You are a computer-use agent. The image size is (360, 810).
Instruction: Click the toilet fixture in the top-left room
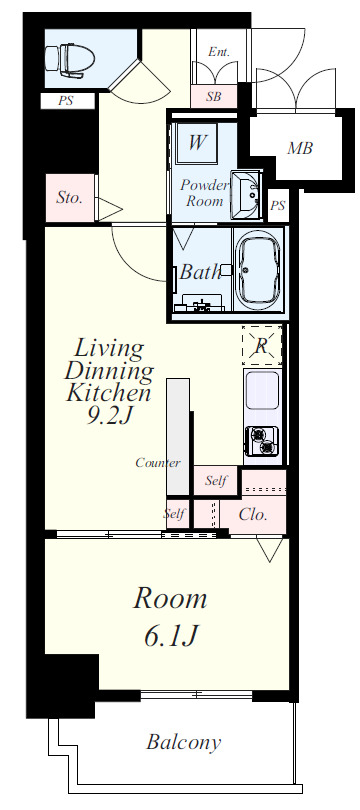pyautogui.click(x=70, y=59)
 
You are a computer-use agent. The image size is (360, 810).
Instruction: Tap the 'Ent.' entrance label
pyautogui.click(x=219, y=52)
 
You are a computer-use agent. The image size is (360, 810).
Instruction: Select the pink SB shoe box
pyautogui.click(x=214, y=96)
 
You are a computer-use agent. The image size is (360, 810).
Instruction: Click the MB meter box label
pyautogui.click(x=300, y=148)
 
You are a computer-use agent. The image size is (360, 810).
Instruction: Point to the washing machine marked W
pyautogui.click(x=195, y=142)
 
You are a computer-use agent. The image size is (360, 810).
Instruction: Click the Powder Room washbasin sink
pyautogui.click(x=245, y=195)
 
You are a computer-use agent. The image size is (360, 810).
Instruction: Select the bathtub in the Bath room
pyautogui.click(x=258, y=270)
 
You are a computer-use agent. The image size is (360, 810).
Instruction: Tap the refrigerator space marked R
pyautogui.click(x=262, y=345)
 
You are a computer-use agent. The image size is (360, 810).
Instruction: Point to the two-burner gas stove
pyautogui.click(x=262, y=441)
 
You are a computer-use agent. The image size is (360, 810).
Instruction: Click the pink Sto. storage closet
pyautogui.click(x=70, y=198)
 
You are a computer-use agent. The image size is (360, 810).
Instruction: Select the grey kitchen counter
pyautogui.click(x=178, y=437)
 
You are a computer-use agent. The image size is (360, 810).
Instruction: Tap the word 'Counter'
pyautogui.click(x=158, y=463)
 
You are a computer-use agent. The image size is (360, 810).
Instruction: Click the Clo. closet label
pyautogui.click(x=253, y=515)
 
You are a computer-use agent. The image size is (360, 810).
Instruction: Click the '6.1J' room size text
pyautogui.click(x=170, y=635)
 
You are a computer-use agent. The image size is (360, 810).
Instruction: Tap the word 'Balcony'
pyautogui.click(x=183, y=742)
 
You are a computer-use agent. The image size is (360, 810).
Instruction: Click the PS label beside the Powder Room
pyautogui.click(x=277, y=206)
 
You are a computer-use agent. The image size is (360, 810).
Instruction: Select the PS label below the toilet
pyautogui.click(x=65, y=101)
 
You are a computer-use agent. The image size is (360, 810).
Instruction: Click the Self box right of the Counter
pyautogui.click(x=215, y=480)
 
